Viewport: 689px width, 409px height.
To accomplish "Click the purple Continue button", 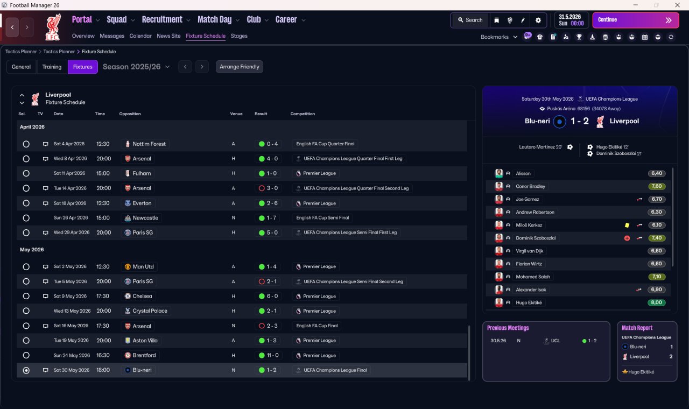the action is pyautogui.click(x=636, y=20).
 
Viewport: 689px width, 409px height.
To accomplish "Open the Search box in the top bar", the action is pyautogui.click(x=470, y=20).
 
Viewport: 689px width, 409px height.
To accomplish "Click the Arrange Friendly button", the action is pyautogui.click(x=240, y=67).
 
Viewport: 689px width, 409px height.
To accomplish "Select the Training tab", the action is pyautogui.click(x=52, y=67).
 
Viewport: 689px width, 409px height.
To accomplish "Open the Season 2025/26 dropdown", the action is pyautogui.click(x=136, y=67).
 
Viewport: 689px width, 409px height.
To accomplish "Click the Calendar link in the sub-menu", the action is pyautogui.click(x=140, y=36).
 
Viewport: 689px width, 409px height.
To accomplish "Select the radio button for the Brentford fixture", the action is pyautogui.click(x=26, y=356).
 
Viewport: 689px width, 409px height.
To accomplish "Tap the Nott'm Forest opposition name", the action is pyautogui.click(x=149, y=144).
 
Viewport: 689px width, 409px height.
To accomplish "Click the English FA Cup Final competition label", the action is pyautogui.click(x=317, y=326).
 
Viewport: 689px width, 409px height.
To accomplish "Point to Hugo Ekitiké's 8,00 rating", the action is pyautogui.click(x=656, y=302).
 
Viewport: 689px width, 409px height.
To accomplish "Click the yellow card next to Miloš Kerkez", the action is pyautogui.click(x=627, y=225).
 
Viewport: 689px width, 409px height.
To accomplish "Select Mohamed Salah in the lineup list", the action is pyautogui.click(x=533, y=277).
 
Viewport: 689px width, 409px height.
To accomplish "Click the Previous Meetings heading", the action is pyautogui.click(x=508, y=328).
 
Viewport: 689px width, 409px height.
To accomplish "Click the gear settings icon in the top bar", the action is pyautogui.click(x=538, y=20).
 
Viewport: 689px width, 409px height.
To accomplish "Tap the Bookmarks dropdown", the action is pyautogui.click(x=498, y=37).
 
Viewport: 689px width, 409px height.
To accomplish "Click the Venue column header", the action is pyautogui.click(x=236, y=114).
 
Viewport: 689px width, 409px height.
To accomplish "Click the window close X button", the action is pyautogui.click(x=677, y=5).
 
